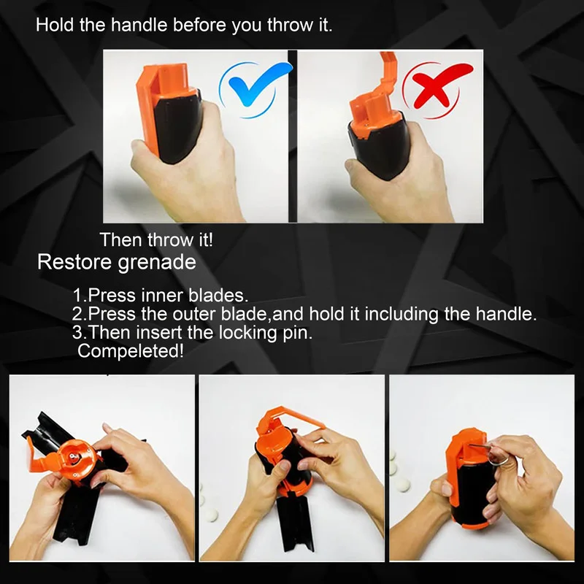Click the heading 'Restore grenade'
click(x=117, y=262)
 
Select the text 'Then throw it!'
click(x=156, y=239)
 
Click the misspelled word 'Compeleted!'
click(x=130, y=351)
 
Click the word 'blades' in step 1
click(x=222, y=296)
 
